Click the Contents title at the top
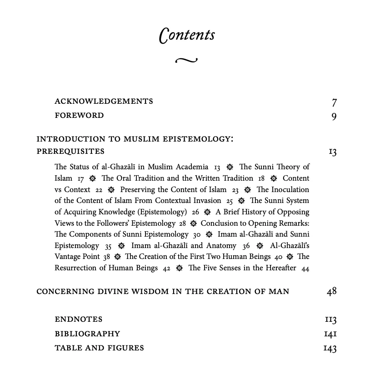tap(187, 35)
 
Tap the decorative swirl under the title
tap(186, 60)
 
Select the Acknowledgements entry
tap(104, 101)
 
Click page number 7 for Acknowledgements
tap(334, 102)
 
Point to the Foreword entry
tap(79, 116)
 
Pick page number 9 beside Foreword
tap(334, 117)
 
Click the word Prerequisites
tap(70, 152)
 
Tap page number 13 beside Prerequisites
tap(332, 152)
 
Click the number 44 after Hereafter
tap(305, 269)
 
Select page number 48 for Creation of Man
tap(331, 291)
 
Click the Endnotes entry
tap(79, 319)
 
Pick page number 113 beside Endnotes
tap(330, 320)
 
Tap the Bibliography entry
tap(87, 334)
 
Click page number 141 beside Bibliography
tap(330, 334)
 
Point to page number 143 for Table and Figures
tap(330, 349)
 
